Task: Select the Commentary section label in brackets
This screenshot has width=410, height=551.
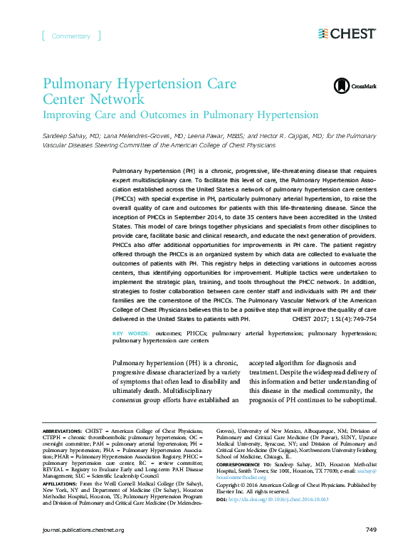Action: pyautogui.click(x=71, y=36)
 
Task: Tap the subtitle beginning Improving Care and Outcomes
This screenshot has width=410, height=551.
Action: pyautogui.click(x=181, y=115)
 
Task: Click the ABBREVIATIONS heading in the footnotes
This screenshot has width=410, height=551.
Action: pyautogui.click(x=62, y=431)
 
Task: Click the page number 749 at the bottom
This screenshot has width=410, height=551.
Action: pyautogui.click(x=370, y=530)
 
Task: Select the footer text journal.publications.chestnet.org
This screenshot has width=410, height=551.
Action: pyautogui.click(x=83, y=530)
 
